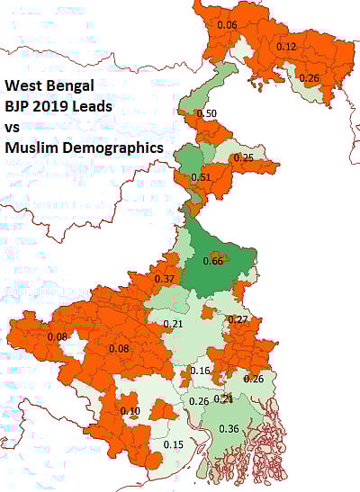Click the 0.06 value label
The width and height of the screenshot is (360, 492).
(228, 25)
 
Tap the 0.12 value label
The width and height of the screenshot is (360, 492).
(286, 46)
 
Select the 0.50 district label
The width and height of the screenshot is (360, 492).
(206, 114)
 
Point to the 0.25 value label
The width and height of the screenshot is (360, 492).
(243, 157)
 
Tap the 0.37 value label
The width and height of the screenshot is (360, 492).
(165, 280)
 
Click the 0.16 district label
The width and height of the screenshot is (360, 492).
(200, 371)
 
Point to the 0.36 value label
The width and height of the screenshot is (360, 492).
(229, 429)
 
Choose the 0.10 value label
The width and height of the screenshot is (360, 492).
(130, 411)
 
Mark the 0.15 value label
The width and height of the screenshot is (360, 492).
(174, 444)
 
